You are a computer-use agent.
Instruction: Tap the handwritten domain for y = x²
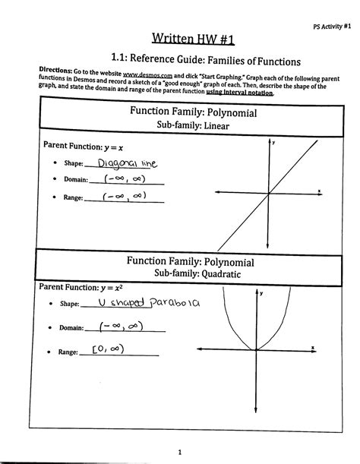129,327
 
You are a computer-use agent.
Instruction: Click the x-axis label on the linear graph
319,190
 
